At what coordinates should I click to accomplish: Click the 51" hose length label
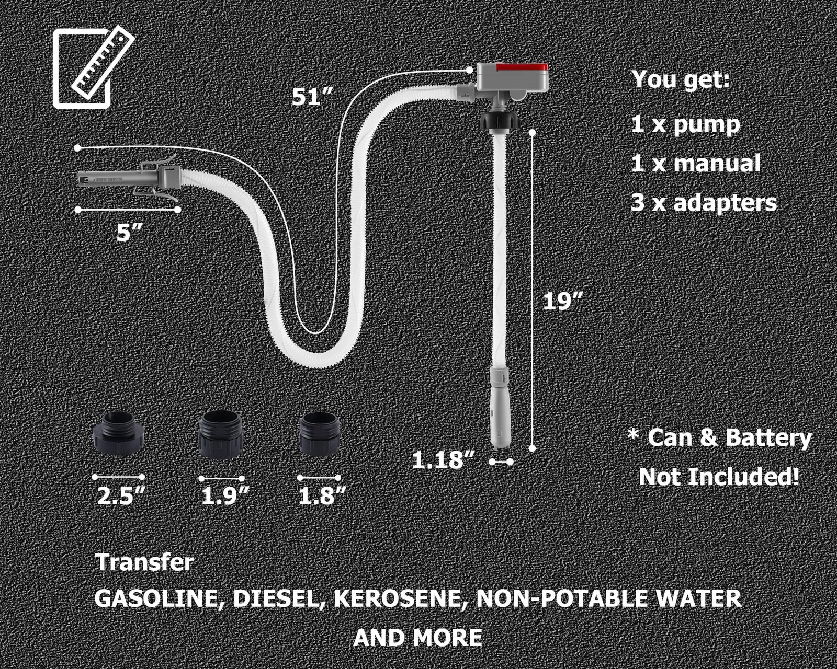(x=312, y=97)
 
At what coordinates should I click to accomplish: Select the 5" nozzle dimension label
(x=129, y=233)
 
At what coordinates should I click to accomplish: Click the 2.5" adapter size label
(x=121, y=495)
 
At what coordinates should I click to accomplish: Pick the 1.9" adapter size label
(x=224, y=496)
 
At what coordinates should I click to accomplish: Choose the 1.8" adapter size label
(x=322, y=495)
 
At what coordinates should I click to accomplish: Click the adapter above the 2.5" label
(x=118, y=433)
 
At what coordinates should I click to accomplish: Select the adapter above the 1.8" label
(x=320, y=434)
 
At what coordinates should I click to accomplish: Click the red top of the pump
(x=522, y=67)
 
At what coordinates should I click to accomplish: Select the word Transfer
(x=144, y=563)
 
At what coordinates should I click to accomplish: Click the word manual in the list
(x=716, y=164)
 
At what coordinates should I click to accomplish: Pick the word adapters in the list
(x=725, y=203)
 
